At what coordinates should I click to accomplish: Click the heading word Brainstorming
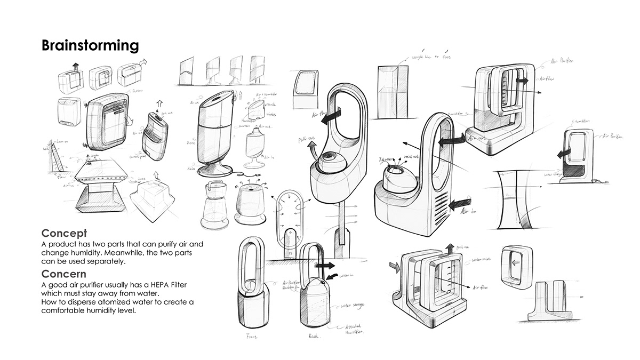coord(90,45)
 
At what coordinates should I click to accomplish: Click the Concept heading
coord(64,234)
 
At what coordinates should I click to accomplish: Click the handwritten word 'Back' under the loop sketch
coord(314,337)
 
